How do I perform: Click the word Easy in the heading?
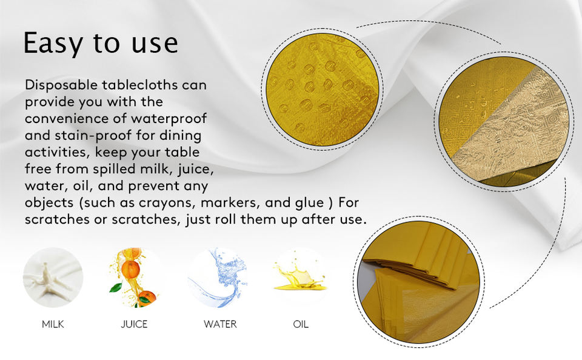coord(53,44)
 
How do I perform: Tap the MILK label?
coord(53,324)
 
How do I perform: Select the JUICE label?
coord(135,324)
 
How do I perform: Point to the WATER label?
coord(220,324)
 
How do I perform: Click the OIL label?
coord(301,324)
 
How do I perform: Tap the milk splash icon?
coord(53,278)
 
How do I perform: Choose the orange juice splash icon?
coord(135,278)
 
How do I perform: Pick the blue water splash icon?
coord(218,278)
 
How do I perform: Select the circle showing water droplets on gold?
coord(322,90)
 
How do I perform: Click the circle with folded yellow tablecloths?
coord(419,282)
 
